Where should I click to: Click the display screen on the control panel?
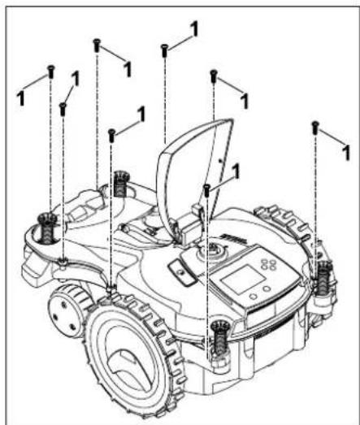click(243, 280)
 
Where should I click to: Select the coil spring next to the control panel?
click(324, 278)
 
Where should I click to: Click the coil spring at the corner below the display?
click(220, 337)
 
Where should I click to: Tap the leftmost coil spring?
click(47, 228)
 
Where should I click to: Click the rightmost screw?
click(314, 128)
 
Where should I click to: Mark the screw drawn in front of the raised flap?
click(207, 190)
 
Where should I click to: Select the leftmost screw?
click(50, 72)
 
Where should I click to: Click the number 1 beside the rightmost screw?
click(345, 153)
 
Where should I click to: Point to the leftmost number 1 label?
click(20, 98)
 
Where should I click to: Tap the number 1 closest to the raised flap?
click(236, 171)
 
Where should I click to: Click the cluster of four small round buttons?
click(268, 265)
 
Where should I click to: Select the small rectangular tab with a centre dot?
click(182, 271)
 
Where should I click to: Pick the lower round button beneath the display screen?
click(254, 296)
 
